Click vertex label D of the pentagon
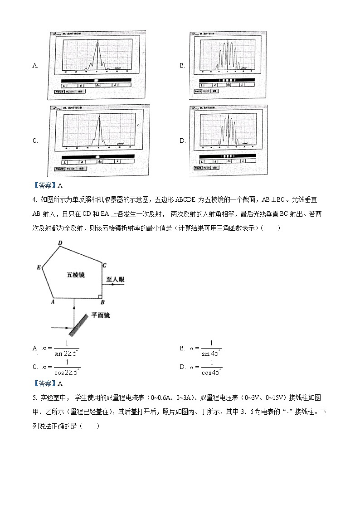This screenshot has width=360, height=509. (59, 243)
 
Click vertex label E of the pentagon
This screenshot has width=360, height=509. (39, 267)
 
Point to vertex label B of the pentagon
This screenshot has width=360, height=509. (102, 302)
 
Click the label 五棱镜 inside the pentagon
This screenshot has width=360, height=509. (76, 275)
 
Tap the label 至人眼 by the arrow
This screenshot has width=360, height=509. (115, 280)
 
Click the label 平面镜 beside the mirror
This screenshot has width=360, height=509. (101, 315)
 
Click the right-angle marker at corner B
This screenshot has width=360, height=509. (99, 297)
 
